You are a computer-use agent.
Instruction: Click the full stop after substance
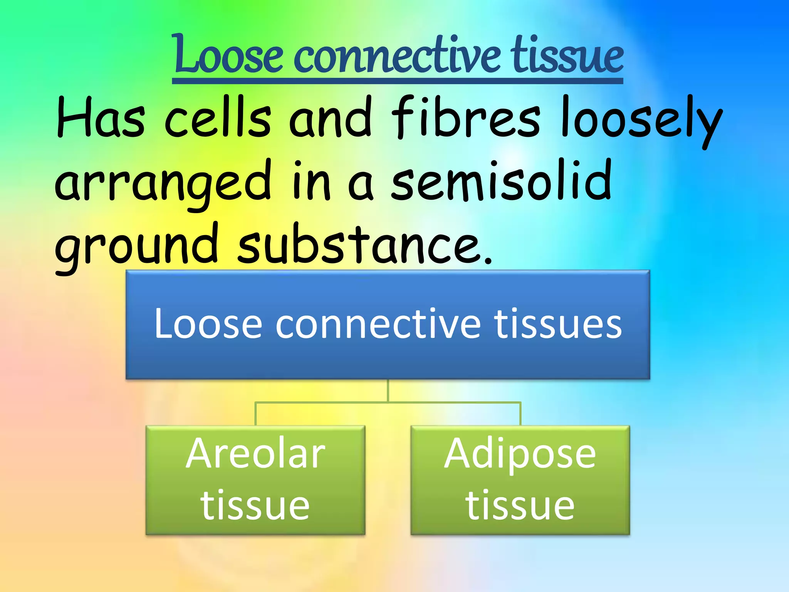pos(488,261)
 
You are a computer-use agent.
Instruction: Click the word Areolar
pos(255,454)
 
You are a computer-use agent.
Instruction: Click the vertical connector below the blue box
pos(388,390)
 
